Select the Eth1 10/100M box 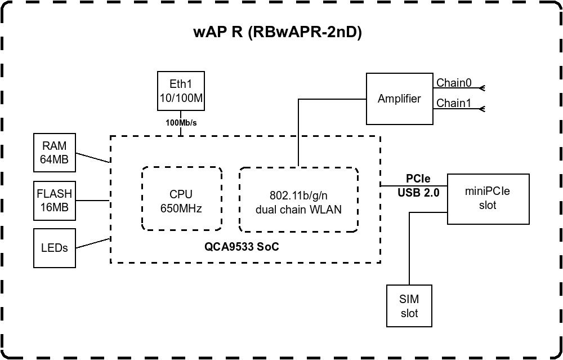180,92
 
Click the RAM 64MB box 54,152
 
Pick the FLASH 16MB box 54,200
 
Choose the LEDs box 54,248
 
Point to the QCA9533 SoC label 242,247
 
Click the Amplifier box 399,99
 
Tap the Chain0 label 454,83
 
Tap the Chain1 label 454,104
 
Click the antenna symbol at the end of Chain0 481,88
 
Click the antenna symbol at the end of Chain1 481,109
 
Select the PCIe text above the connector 418,179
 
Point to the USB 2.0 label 418,192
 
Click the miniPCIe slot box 488,199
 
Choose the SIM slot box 409,306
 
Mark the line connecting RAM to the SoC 93,157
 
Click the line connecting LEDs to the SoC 93,243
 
